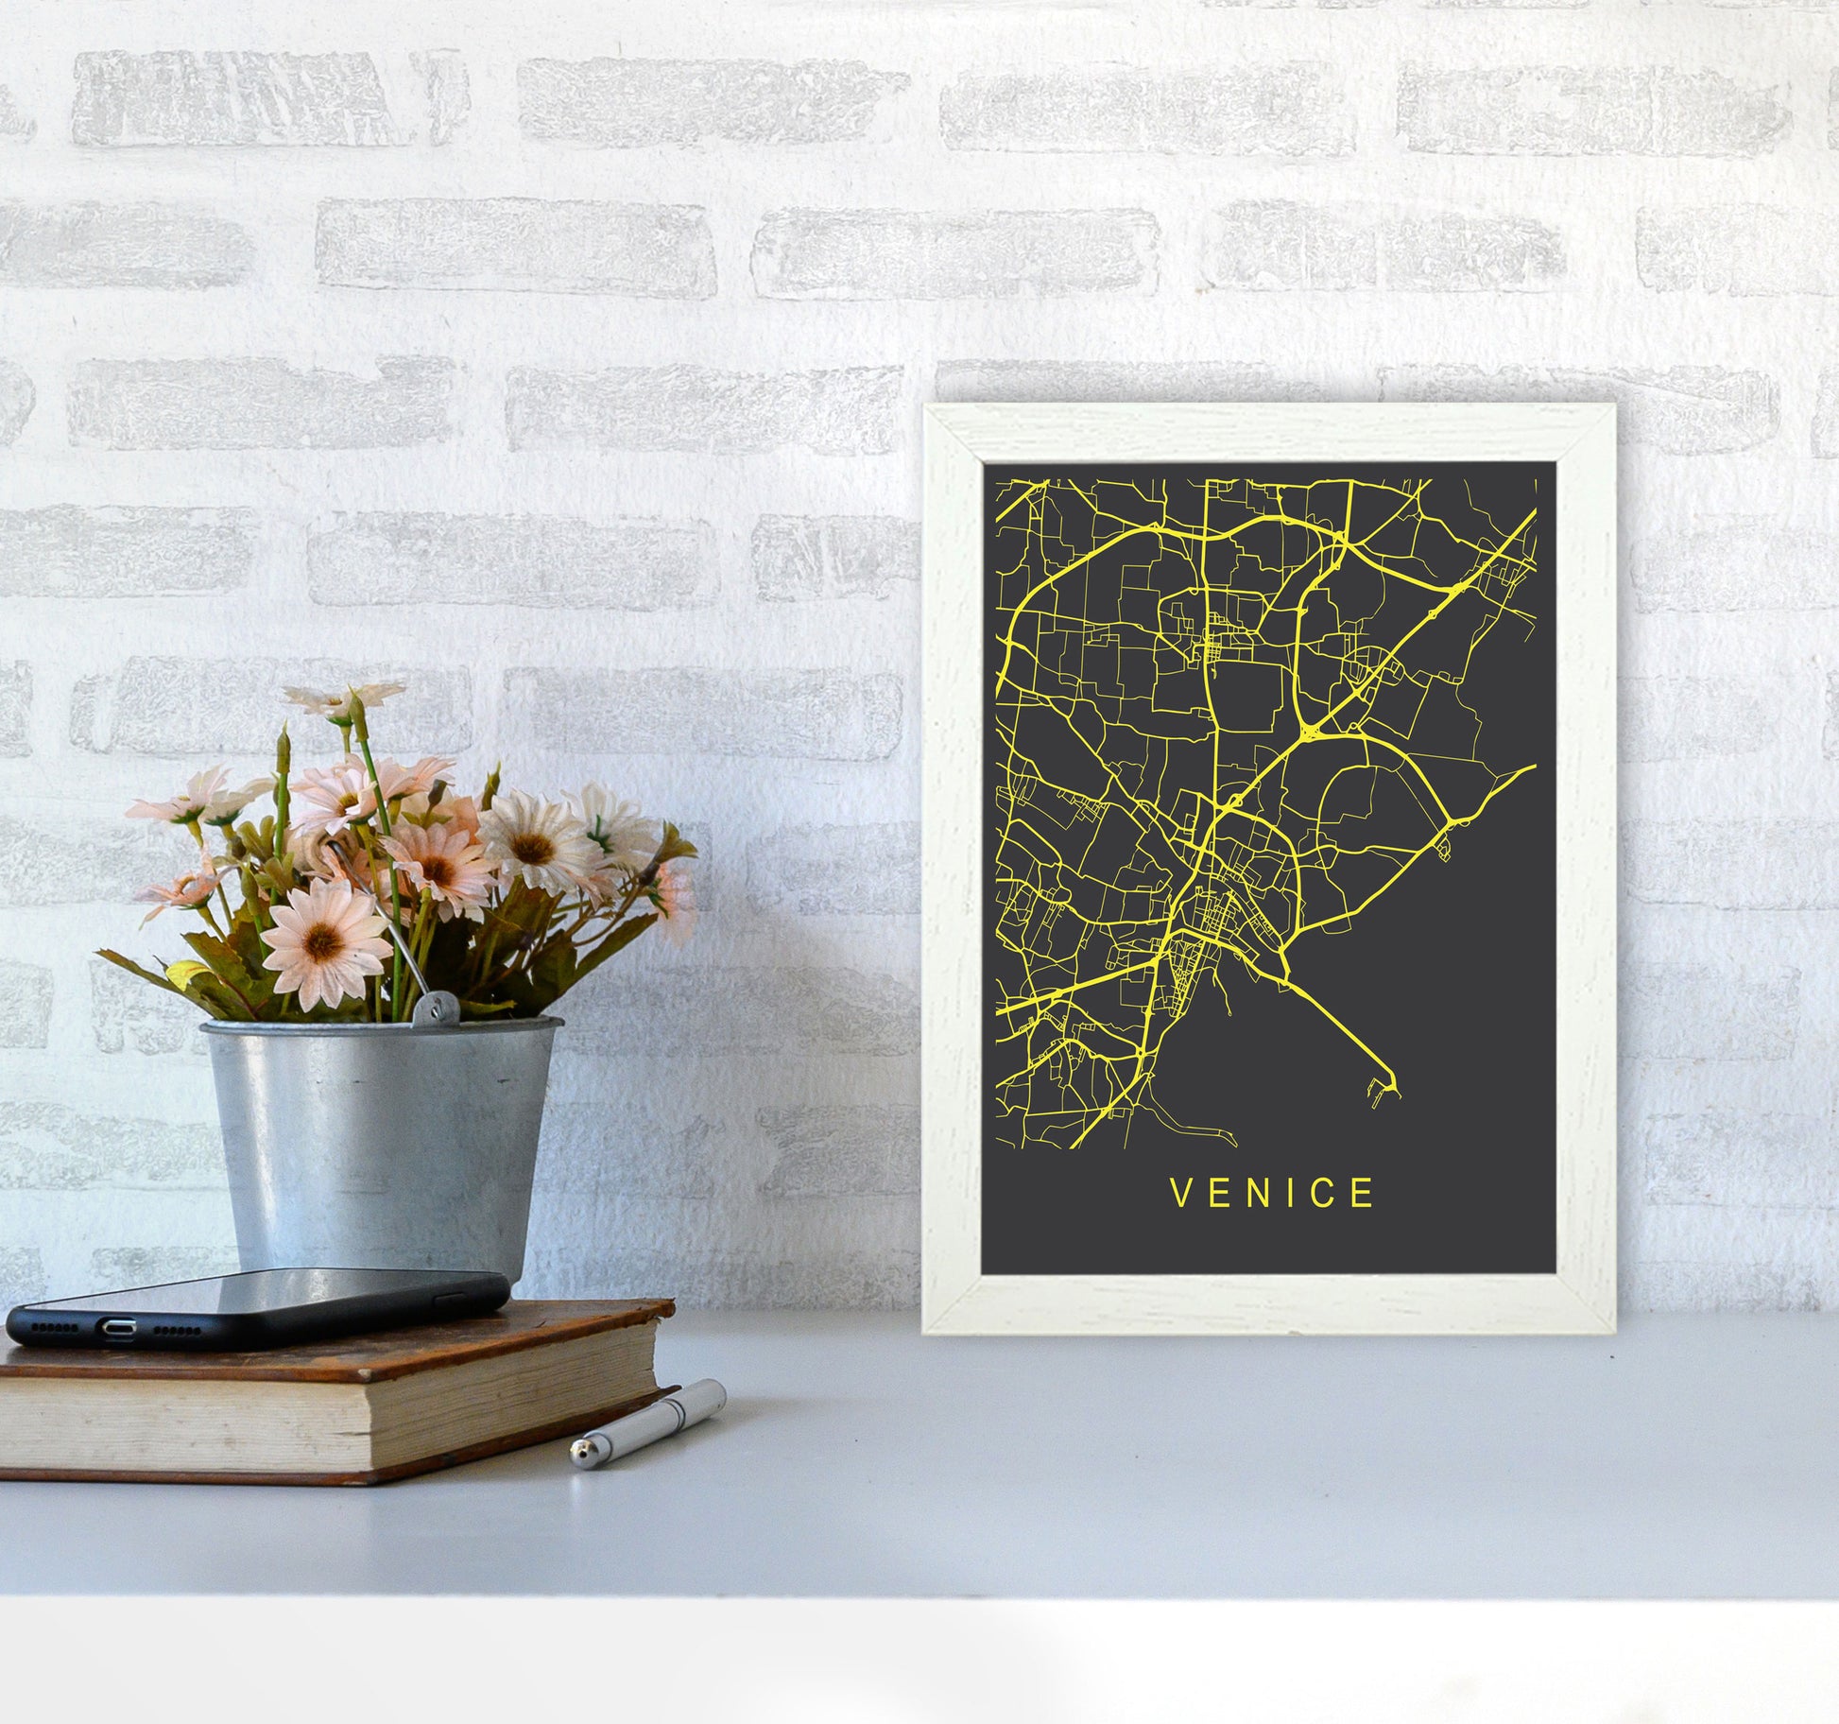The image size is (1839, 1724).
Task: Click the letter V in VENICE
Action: tap(1181, 1193)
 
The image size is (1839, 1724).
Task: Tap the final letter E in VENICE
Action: tap(1362, 1193)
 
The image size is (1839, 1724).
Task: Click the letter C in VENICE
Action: tap(1325, 1193)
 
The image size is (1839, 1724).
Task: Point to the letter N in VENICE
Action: tap(1255, 1193)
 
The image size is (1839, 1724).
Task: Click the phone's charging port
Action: tap(118, 1329)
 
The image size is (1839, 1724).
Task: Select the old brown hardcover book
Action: tap(331, 1399)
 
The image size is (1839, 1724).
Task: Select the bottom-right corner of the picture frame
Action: tap(1612, 1331)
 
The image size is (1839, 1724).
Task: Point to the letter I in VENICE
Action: tap(1291, 1193)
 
